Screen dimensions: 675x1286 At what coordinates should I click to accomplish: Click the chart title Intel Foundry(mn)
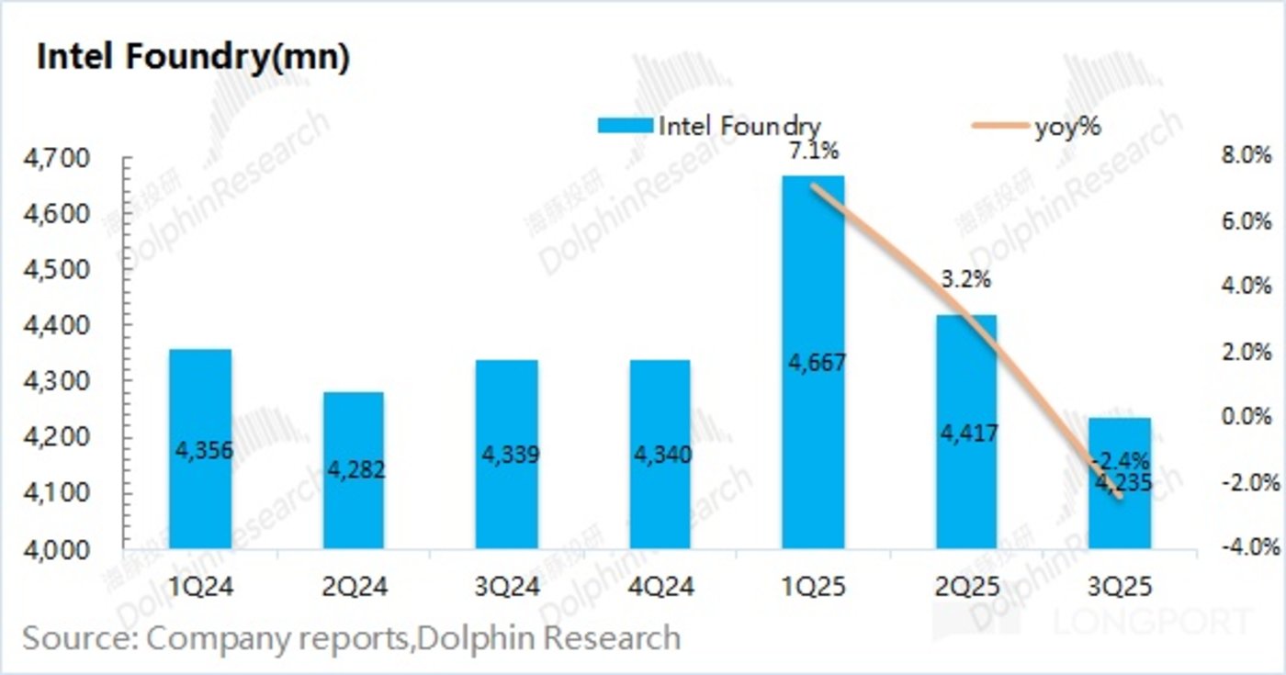click(193, 58)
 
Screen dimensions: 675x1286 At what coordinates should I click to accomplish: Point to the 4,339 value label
click(506, 455)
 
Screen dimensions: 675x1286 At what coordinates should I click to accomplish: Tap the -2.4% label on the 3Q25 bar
click(1120, 460)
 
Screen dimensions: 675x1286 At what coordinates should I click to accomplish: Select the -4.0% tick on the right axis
click(1246, 547)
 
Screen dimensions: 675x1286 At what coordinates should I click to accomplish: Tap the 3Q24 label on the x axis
click(506, 584)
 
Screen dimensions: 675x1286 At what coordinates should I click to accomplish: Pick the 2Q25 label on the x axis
click(965, 584)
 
